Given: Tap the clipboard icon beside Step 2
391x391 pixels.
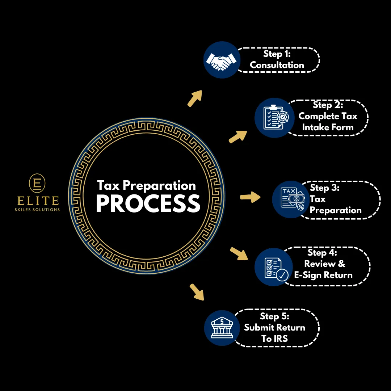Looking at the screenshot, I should (274, 118).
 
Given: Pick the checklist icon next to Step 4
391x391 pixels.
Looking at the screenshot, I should (274, 267).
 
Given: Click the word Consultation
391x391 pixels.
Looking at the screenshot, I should (277, 65).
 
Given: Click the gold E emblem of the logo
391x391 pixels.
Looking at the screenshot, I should (37, 184).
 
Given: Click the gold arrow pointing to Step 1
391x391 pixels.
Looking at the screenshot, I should (194, 98).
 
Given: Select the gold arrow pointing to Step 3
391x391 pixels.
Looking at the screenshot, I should (250, 197).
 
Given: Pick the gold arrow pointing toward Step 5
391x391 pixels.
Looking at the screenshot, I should (196, 292).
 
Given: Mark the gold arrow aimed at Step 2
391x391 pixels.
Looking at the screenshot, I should (238, 136).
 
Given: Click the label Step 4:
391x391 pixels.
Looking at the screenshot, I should (322, 252).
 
